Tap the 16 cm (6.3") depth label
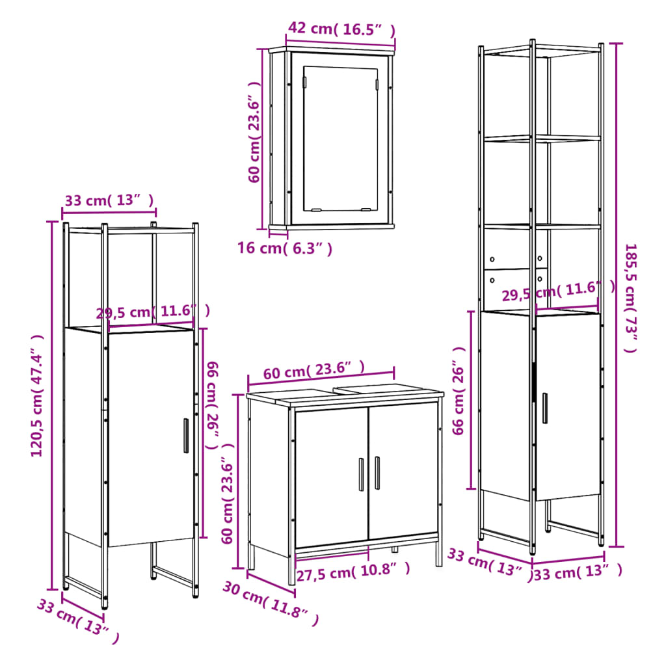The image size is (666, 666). pos(285,248)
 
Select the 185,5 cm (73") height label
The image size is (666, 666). pos(631,298)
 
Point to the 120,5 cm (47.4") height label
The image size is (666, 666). pos(37,396)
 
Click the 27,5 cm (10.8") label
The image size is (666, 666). pos(353,571)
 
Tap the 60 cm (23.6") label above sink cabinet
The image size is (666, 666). pos(314,370)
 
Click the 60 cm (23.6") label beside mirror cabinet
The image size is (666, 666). pos(254,133)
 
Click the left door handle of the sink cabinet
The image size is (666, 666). pos(362,474)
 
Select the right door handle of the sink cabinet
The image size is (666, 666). pos(377,473)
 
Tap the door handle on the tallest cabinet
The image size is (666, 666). pos(545,408)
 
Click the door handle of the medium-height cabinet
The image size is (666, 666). pos(186,436)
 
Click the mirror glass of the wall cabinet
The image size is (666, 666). pos(340,139)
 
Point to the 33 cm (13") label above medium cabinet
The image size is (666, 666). pos(109,200)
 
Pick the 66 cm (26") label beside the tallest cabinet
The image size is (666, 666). pos(459,391)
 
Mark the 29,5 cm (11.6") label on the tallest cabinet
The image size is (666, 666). pos(559,291)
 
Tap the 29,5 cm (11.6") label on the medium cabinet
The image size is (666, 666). pos(153,312)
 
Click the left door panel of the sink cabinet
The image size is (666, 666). pos(332,477)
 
